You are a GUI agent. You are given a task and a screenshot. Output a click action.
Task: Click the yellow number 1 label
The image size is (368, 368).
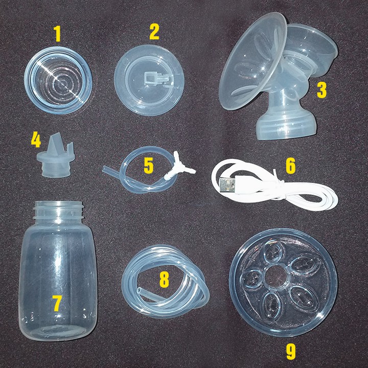[x=58, y=34]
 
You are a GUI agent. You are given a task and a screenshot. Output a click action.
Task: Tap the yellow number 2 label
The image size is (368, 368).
[x=154, y=31]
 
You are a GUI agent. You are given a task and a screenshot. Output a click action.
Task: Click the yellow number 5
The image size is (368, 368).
[x=149, y=166]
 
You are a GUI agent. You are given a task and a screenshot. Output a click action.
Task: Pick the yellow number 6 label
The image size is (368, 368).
[x=290, y=166]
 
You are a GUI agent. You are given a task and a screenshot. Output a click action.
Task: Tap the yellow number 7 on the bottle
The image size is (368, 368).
[x=57, y=303]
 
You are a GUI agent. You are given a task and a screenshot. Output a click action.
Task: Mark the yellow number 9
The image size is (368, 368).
[x=291, y=352]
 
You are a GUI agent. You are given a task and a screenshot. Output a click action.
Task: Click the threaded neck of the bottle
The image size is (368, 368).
[x=58, y=211]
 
